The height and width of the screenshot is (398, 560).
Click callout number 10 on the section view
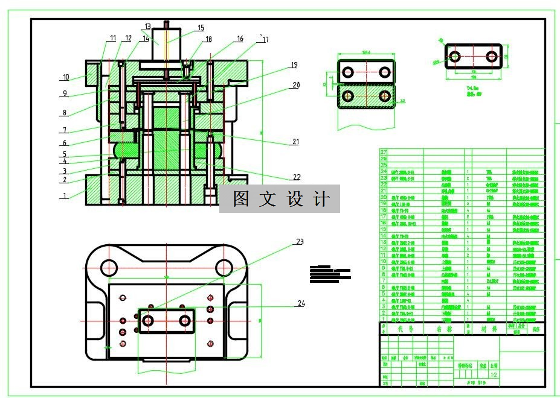click(66, 77)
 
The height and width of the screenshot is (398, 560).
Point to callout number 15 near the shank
click(201, 28)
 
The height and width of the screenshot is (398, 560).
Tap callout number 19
click(294, 65)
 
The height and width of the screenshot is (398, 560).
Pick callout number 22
click(297, 177)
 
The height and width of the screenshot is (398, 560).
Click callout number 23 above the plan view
click(299, 241)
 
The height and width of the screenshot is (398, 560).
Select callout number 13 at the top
click(148, 26)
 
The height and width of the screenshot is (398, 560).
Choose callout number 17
click(264, 40)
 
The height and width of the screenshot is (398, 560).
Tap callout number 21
click(295, 142)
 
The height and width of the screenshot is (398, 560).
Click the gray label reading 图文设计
click(280, 200)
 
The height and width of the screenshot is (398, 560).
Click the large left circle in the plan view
click(109, 267)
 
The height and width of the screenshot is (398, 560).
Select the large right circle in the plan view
click(224, 267)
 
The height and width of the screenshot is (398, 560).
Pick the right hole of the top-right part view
click(492, 57)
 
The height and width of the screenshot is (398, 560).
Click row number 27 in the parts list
click(383, 152)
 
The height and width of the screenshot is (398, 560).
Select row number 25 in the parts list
click(383, 165)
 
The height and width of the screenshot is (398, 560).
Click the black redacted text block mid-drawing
click(329, 274)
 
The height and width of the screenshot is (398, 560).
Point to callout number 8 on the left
click(64, 113)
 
